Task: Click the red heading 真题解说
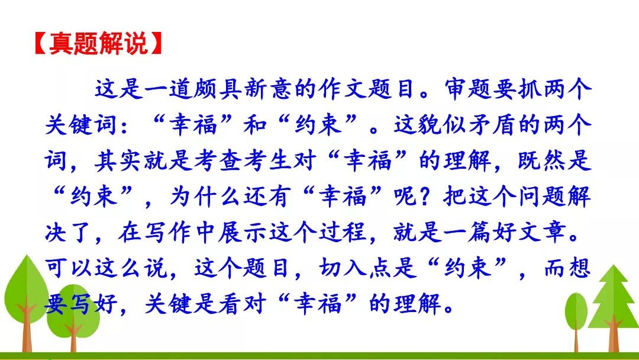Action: pyautogui.click(x=98, y=43)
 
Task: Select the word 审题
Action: pyautogui.click(x=468, y=88)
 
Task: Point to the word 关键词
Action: pyautogui.click(x=81, y=124)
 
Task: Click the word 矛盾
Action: pyautogui.click(x=493, y=124)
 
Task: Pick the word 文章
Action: pyautogui.click(x=542, y=232)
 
